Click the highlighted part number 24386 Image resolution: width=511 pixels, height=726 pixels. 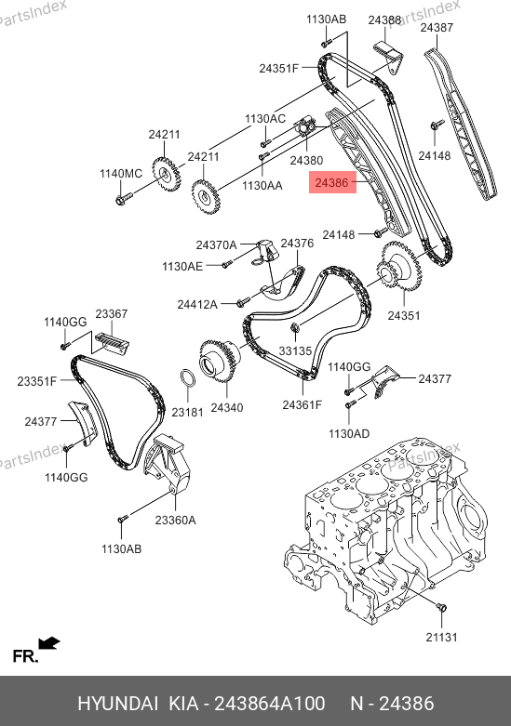click(x=331, y=182)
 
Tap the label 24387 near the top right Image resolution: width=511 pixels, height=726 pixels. click(x=437, y=28)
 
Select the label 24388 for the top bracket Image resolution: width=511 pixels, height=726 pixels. click(x=384, y=20)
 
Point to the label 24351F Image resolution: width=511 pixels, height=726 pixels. click(x=278, y=69)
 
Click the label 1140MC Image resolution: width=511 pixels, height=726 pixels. click(x=121, y=174)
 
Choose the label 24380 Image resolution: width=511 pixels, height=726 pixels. click(x=306, y=160)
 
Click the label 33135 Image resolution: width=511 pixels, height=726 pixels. click(x=295, y=351)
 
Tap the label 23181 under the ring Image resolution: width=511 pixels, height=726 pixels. click(x=187, y=412)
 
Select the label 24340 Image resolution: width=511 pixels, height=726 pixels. click(x=227, y=407)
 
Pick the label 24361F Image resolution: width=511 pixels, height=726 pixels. click(x=302, y=404)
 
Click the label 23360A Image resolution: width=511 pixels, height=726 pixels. click(x=175, y=520)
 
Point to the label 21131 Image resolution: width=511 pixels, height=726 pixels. click(x=441, y=637)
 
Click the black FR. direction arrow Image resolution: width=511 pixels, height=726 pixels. click(x=49, y=643)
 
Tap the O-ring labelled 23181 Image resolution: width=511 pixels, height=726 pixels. click(x=187, y=378)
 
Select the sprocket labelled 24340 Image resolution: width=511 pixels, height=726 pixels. click(x=220, y=362)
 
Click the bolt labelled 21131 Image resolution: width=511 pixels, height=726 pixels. click(x=441, y=607)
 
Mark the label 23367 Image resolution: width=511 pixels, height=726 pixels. click(x=112, y=314)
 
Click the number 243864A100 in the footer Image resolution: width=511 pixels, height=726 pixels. click(x=269, y=704)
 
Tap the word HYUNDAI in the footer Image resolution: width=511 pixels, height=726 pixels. click(x=118, y=704)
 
